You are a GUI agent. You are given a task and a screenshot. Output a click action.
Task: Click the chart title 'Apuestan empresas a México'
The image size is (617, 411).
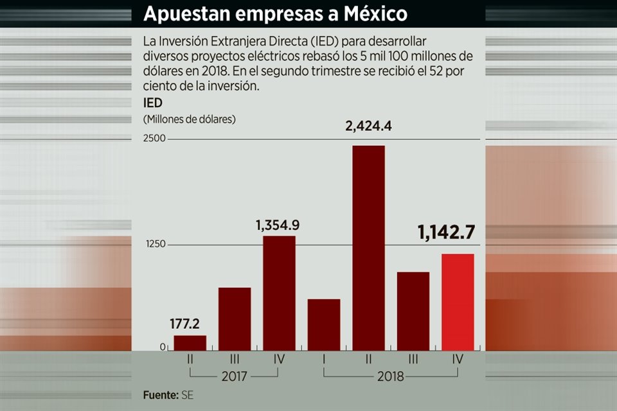[x=275, y=13]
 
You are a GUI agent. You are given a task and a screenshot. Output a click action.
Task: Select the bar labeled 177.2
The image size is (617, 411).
[x=190, y=343]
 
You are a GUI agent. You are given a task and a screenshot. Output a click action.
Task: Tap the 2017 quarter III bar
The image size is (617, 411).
[x=235, y=319]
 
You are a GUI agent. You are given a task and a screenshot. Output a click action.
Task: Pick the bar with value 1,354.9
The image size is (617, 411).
[x=279, y=293]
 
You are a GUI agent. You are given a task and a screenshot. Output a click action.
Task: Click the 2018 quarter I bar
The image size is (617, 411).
[x=324, y=324]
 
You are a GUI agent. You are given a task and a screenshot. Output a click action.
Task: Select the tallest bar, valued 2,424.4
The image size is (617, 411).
[x=368, y=248]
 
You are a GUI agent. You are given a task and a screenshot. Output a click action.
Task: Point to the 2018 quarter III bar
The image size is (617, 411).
[x=413, y=311]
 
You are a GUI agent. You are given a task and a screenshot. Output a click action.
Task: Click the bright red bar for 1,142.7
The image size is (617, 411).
[x=458, y=302]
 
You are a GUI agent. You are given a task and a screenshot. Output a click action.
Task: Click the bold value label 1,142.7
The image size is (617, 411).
[x=446, y=233]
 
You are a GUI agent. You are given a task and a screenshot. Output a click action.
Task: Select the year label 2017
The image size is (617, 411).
[x=235, y=376]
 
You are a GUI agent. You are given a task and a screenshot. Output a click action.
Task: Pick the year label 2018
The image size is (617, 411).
[x=391, y=376]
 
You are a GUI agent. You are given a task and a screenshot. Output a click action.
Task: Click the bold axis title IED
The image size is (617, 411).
[x=152, y=103]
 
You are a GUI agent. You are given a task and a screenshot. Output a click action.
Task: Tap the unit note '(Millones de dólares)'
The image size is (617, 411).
[x=190, y=119]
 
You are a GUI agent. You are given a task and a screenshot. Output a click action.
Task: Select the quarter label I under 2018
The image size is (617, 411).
[x=324, y=360]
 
